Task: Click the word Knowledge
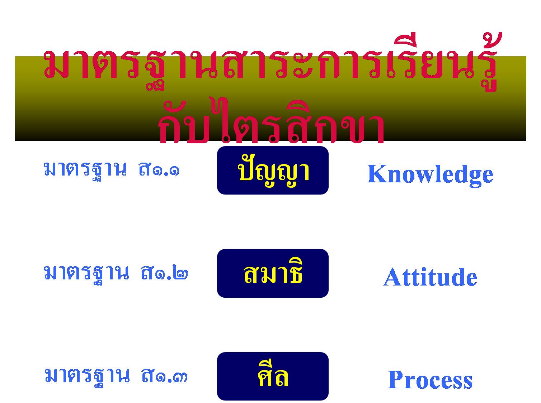tap(430, 175)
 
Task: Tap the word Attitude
tap(430, 277)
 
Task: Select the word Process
tap(430, 380)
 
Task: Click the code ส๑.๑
tap(159, 169)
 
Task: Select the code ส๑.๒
tap(164, 273)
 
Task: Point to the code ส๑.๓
tap(164, 376)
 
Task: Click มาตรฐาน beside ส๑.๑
tap(85, 171)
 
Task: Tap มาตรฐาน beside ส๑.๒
tap(86, 274)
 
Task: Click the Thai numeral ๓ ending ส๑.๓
tap(180, 377)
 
